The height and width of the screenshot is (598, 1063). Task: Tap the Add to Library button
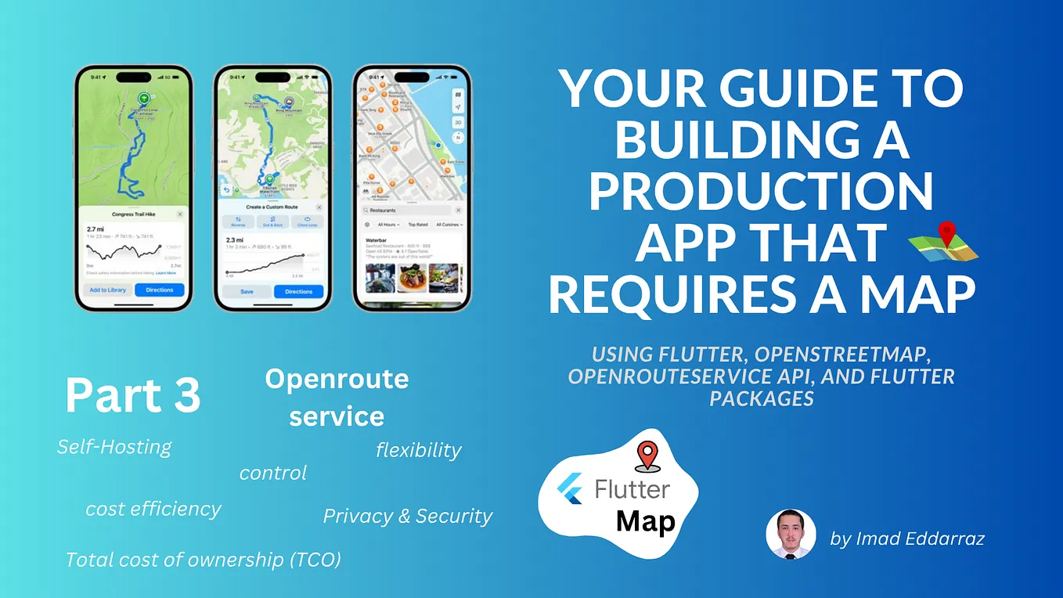point(108,290)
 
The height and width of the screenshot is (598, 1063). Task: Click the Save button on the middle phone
point(247,291)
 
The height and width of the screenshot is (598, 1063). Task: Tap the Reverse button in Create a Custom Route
point(237,222)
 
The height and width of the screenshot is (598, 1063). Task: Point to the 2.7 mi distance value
point(95,230)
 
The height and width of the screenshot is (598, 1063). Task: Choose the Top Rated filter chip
point(417,225)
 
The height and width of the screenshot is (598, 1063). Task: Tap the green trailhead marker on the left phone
point(143,99)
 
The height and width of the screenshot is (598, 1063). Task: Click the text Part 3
point(132,395)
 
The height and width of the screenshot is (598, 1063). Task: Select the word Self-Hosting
point(114,447)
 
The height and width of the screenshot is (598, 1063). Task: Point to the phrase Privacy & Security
point(408,516)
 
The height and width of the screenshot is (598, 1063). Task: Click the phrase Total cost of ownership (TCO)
point(203,560)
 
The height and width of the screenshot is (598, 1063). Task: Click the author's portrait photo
point(791,535)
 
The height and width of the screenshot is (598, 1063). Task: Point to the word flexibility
point(419,450)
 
